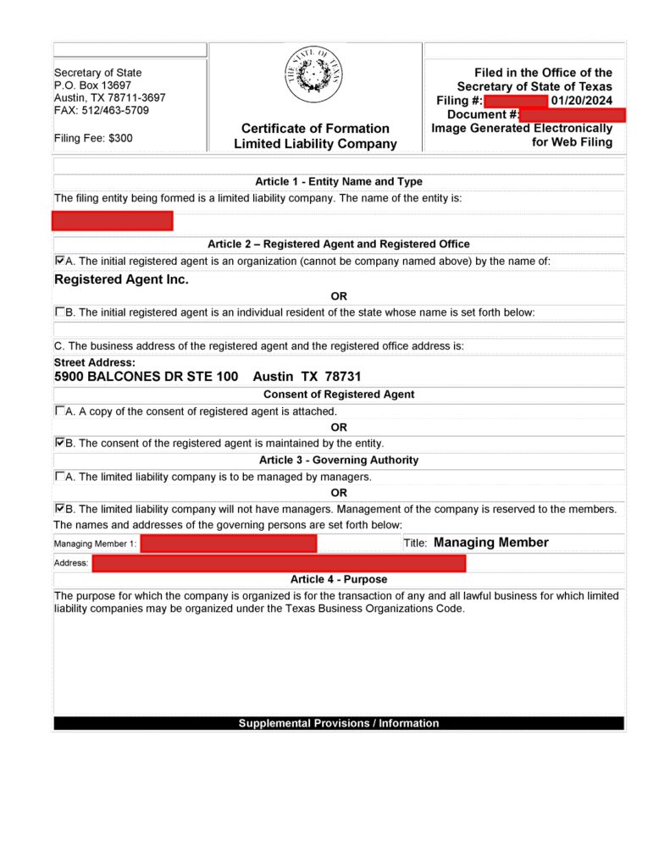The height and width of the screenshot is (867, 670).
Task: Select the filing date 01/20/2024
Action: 581,101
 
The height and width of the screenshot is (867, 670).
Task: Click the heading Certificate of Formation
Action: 315,129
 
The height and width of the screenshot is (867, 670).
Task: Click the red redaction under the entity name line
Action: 112,221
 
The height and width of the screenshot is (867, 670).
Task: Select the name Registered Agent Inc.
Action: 121,279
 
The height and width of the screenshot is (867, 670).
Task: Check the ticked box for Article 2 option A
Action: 59,261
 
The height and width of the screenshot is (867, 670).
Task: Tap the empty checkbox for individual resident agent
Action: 59,312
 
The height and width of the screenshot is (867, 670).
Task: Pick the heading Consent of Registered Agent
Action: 339,395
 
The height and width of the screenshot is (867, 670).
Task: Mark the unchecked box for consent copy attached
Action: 59,411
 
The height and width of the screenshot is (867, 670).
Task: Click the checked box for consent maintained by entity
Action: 59,442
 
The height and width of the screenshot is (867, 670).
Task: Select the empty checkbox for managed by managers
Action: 59,476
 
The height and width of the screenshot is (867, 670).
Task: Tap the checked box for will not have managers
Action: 59,509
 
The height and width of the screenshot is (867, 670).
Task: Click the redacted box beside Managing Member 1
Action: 229,544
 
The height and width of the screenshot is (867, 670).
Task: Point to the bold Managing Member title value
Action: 490,543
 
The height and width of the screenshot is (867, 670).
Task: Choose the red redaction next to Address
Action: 279,563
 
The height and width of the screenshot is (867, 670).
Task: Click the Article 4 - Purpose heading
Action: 339,580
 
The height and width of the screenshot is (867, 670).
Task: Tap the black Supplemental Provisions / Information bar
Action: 339,723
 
